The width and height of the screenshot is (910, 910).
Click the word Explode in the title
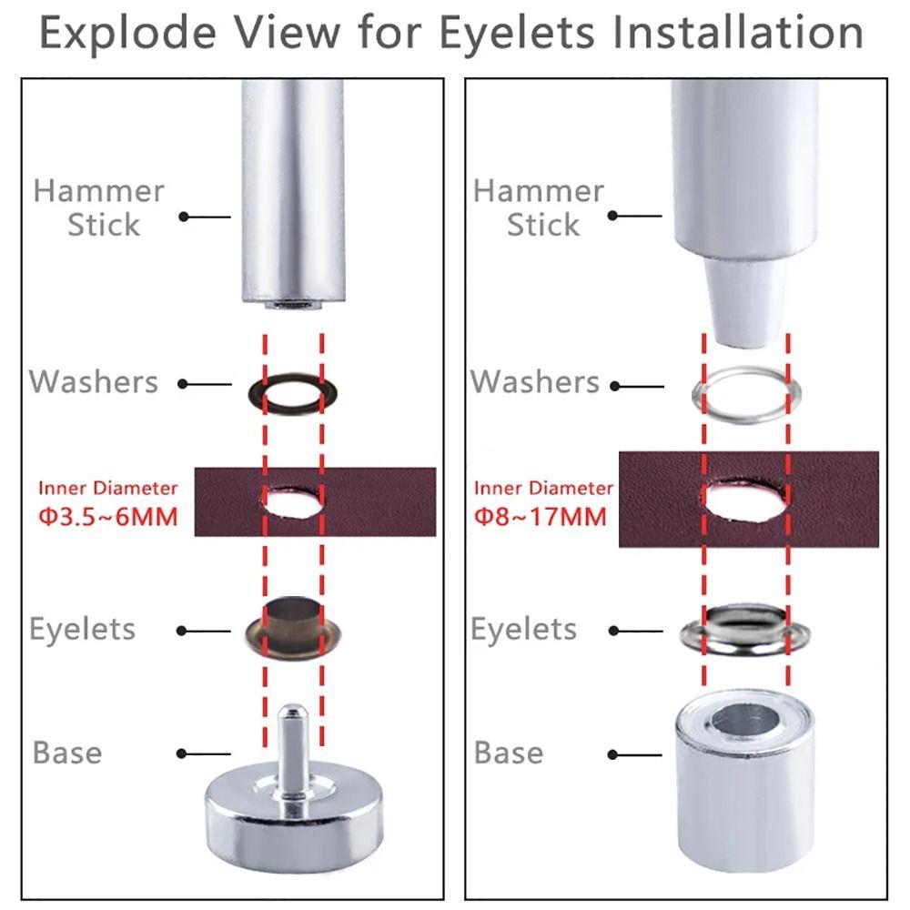pyautogui.click(x=126, y=34)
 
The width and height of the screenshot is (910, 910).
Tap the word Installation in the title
pyautogui.click(x=737, y=34)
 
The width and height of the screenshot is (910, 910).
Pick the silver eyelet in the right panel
pyautogui.click(x=745, y=628)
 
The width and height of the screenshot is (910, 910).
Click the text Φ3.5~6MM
pyautogui.click(x=107, y=518)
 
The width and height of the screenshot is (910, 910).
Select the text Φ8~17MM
pyautogui.click(x=540, y=518)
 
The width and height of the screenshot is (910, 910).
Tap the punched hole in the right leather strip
pyautogui.click(x=745, y=500)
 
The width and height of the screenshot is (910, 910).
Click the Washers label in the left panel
pyautogui.click(x=95, y=381)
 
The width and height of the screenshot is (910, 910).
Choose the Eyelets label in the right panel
pyautogui.click(x=523, y=630)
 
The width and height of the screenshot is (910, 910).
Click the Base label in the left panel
pyautogui.click(x=67, y=753)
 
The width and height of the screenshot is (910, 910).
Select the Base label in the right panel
pyautogui.click(x=509, y=753)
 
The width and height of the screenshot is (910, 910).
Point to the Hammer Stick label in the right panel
pyautogui.click(x=539, y=207)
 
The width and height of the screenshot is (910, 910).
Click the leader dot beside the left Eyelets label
pyautogui.click(x=184, y=630)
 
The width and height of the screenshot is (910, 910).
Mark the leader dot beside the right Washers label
pyautogui.click(x=615, y=386)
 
